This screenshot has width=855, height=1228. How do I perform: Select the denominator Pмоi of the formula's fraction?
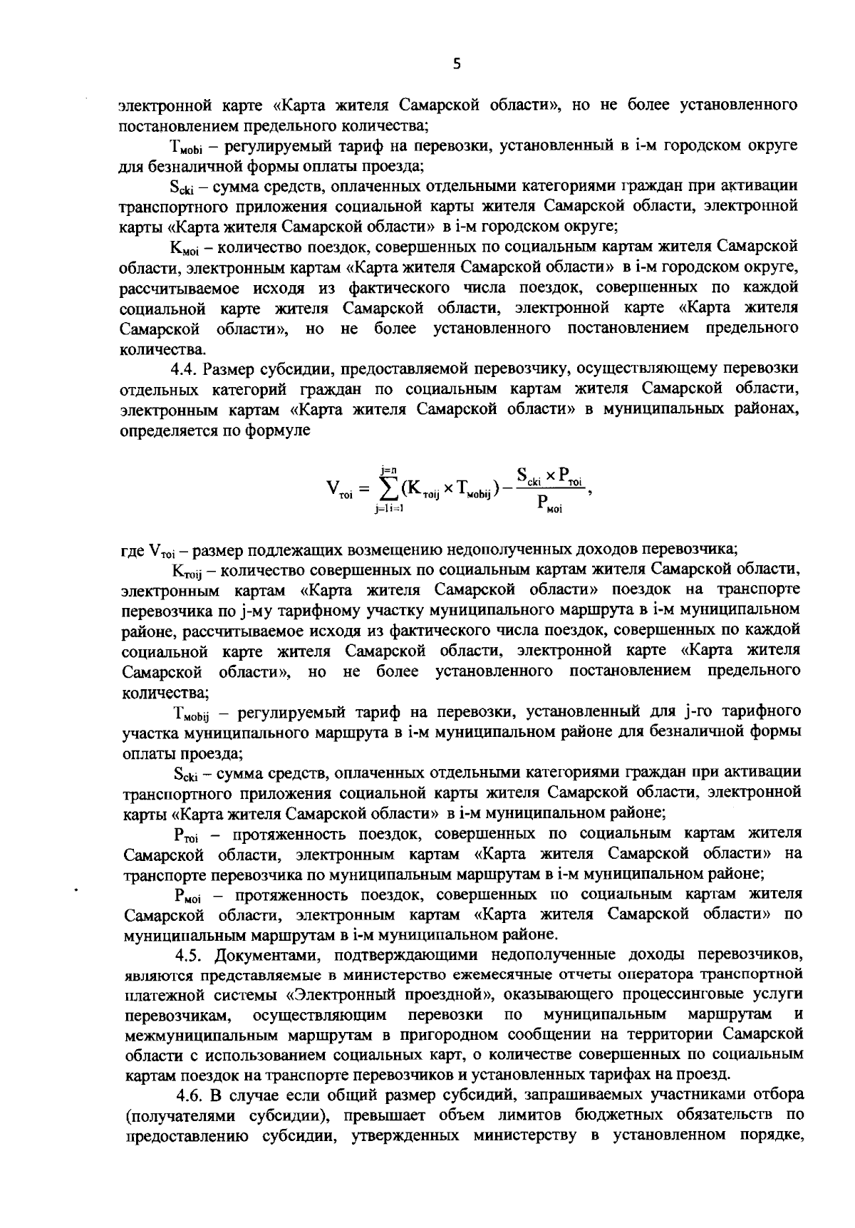[x=549, y=505]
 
